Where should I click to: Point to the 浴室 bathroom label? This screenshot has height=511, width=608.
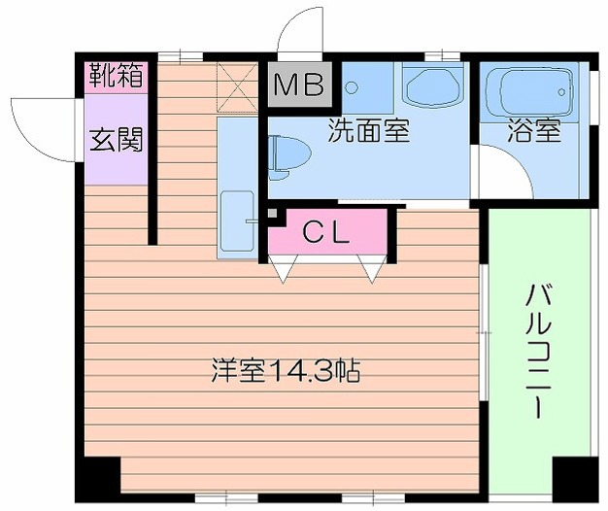pyautogui.click(x=533, y=131)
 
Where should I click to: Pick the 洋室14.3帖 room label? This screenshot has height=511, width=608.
pyautogui.click(x=287, y=370)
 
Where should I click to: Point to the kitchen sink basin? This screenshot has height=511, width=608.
pyautogui.click(x=237, y=221)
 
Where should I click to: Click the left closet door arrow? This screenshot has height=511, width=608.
pyautogui.click(x=281, y=270)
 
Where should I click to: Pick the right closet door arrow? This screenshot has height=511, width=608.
pyautogui.click(x=372, y=270)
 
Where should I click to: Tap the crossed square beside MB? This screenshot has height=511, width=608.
pyautogui.click(x=235, y=85)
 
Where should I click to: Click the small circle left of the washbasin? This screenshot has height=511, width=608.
pyautogui.click(x=352, y=86)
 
